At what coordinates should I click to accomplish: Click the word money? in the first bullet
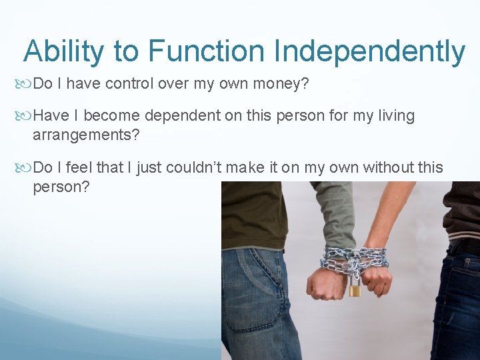click(284, 83)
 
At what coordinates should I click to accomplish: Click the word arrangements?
click(86, 135)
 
